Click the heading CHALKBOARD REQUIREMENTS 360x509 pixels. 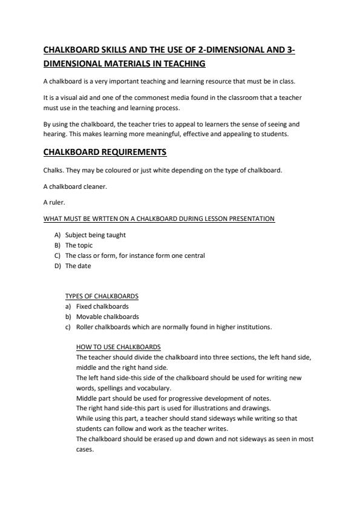(105, 152)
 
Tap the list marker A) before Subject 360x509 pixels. (58, 235)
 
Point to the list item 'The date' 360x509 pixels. (78, 266)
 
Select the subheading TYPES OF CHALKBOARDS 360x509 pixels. (102, 296)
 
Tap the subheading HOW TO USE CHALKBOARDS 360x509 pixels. (119, 347)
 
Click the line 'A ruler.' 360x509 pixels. (54, 202)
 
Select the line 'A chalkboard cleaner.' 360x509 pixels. (75, 186)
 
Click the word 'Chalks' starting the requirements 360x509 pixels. (53, 170)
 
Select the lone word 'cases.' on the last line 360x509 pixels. (85, 450)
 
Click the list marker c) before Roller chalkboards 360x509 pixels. (69, 327)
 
